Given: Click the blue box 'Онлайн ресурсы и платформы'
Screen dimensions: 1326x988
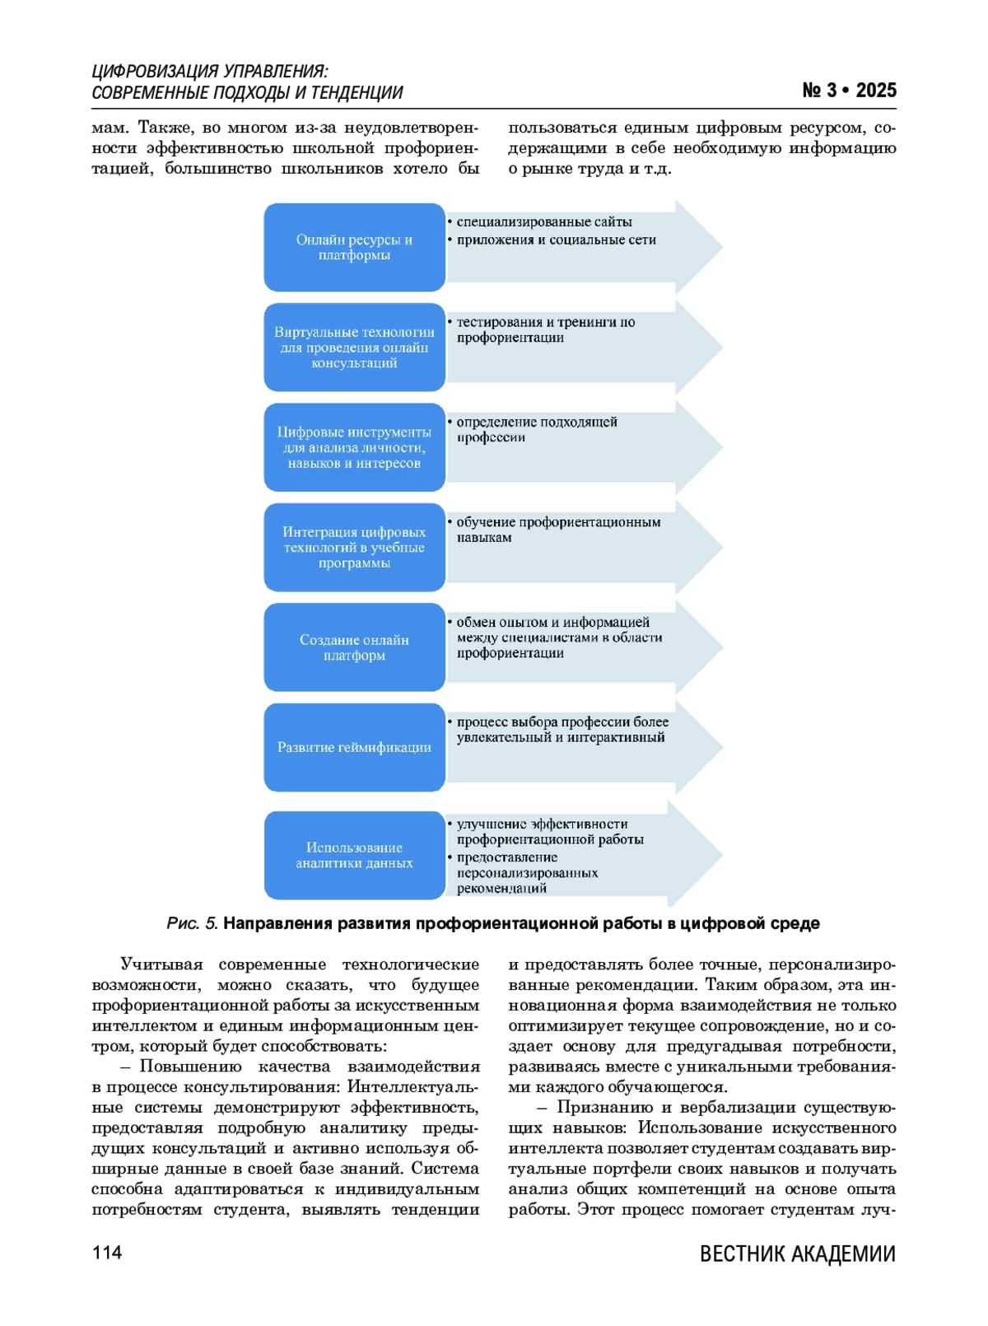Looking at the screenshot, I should point(354,247).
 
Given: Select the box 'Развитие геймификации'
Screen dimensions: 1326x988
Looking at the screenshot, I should point(354,747).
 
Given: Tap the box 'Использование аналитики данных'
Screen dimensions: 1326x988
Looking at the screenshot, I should point(354,855).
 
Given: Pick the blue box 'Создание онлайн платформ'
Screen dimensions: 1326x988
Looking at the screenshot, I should point(354,647).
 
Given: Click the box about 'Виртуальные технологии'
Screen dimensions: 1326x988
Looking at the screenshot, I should point(354,348).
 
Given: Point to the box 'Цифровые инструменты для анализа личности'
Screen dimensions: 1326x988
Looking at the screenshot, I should point(354,447).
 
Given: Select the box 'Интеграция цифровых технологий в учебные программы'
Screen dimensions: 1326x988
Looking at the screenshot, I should point(354,548).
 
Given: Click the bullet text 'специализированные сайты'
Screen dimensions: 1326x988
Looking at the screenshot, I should point(544,222).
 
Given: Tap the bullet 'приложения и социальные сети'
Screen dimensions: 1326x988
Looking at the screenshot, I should point(556,240).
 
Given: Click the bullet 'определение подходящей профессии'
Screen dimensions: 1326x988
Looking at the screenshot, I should point(536,429).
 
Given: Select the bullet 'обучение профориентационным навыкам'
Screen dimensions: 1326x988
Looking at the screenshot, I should point(557,530).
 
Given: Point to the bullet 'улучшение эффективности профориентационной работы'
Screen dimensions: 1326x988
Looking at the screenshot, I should point(549,831).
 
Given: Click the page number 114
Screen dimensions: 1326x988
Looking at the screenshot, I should point(107,1253).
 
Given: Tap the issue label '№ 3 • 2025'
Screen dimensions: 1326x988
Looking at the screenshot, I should point(849,91).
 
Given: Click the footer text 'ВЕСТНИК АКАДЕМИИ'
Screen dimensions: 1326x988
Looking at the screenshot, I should point(797,1254).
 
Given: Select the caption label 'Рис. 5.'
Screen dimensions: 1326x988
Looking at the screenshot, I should point(192,923).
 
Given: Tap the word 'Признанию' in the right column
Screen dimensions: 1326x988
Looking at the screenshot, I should point(603,1108).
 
